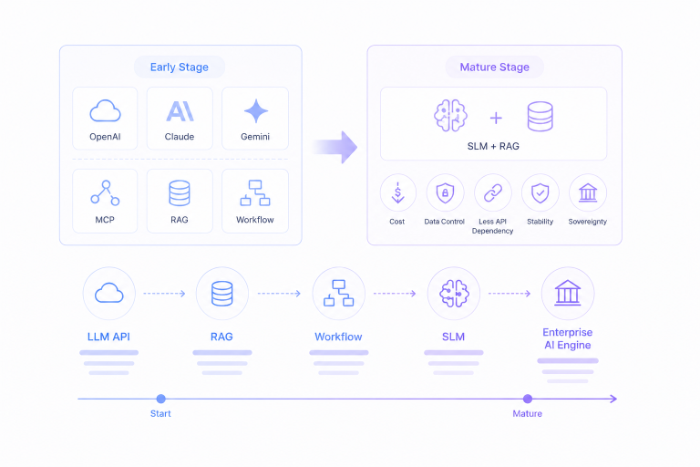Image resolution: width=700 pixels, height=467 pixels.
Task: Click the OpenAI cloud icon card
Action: click(105, 119)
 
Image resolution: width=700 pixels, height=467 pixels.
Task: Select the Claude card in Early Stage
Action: click(180, 119)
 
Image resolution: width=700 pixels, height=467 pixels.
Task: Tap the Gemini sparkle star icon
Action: click(256, 111)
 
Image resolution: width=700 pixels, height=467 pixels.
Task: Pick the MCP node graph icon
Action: click(105, 193)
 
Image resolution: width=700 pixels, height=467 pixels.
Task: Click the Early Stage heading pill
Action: click(180, 67)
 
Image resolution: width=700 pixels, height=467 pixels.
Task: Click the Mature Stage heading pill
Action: click(495, 67)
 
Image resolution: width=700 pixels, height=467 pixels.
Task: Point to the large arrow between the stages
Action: click(335, 147)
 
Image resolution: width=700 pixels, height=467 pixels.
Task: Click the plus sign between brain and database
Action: click(496, 118)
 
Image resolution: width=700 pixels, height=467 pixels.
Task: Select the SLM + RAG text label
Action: click(493, 146)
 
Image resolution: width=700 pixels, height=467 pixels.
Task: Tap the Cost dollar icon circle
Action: click(397, 192)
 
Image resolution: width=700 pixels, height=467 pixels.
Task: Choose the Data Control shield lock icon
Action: click(445, 193)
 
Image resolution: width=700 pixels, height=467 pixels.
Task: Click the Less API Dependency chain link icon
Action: click(493, 193)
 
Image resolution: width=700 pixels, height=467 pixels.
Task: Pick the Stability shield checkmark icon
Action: click(540, 193)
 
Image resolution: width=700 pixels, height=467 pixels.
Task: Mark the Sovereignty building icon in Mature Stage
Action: click(588, 193)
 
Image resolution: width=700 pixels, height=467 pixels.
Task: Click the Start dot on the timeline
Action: click(161, 399)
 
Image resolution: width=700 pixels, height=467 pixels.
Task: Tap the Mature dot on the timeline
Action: click(528, 399)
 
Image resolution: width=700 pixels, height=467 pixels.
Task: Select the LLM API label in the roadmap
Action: click(108, 337)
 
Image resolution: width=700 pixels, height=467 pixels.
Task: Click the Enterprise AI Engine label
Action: click(568, 338)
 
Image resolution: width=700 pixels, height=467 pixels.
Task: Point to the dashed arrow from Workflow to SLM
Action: click(395, 294)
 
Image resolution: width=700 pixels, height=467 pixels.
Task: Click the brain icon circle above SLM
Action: click(454, 294)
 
